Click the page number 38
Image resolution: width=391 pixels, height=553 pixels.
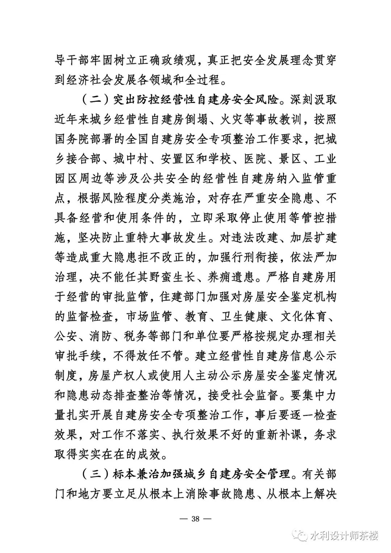[195, 518]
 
